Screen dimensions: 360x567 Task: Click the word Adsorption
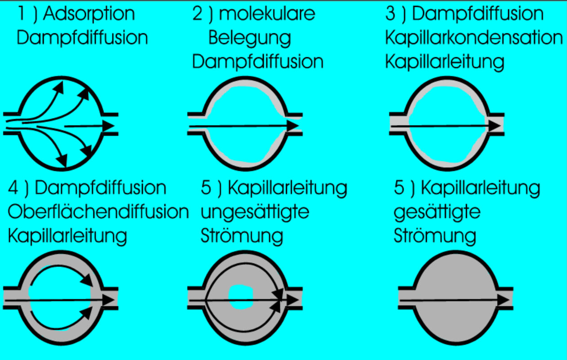tap(89, 15)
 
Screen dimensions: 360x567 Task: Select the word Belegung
tap(250, 38)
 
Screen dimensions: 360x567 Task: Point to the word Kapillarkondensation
tap(474, 38)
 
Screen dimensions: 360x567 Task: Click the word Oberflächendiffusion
tap(98, 212)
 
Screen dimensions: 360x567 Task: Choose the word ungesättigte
tap(255, 212)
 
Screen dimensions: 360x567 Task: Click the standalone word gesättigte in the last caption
tap(437, 212)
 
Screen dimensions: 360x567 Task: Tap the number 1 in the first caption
tap(21, 14)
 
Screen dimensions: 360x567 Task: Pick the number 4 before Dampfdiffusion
tap(14, 188)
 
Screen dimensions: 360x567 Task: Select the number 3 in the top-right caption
tap(390, 14)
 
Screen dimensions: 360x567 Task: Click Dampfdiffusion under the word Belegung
tap(258, 62)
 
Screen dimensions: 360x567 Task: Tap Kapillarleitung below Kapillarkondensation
tap(444, 62)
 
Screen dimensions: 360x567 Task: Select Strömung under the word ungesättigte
tap(242, 236)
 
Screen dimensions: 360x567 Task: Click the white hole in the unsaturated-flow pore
tap(241, 297)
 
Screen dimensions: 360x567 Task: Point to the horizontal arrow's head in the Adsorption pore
tap(108, 126)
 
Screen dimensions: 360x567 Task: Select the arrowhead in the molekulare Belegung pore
tap(293, 126)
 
